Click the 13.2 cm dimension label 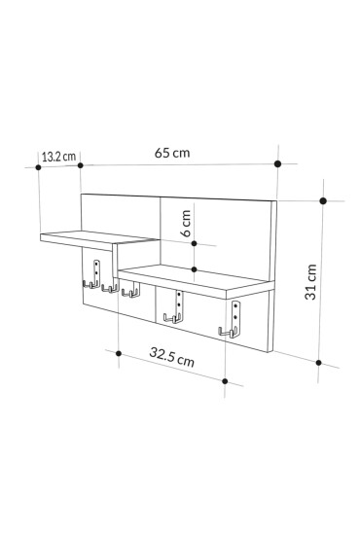[x=58, y=155]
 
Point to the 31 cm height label [x=311, y=283]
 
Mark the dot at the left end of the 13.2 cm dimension [x=38, y=166]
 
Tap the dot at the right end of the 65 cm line [x=278, y=165]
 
